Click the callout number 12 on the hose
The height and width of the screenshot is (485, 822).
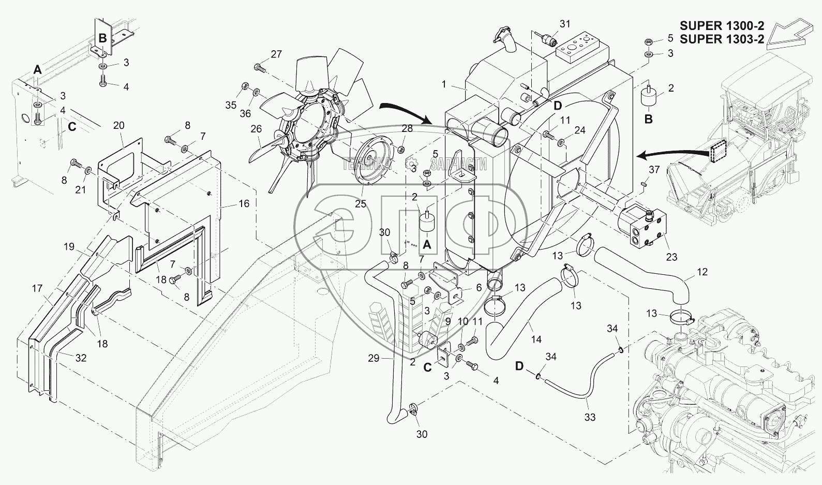pyautogui.click(x=702, y=271)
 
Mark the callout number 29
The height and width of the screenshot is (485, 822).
pyautogui.click(x=373, y=358)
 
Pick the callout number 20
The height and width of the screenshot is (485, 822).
pyautogui.click(x=118, y=126)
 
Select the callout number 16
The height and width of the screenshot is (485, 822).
pyautogui.click(x=244, y=203)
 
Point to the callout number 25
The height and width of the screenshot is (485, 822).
pyautogui.click(x=360, y=203)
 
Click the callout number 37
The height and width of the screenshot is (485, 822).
pyautogui.click(x=654, y=170)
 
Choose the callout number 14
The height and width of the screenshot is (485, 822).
pyautogui.click(x=536, y=340)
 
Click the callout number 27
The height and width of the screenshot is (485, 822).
pyautogui.click(x=276, y=54)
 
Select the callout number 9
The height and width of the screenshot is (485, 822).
pyautogui.click(x=447, y=320)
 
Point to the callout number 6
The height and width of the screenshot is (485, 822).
pyautogui.click(x=479, y=288)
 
